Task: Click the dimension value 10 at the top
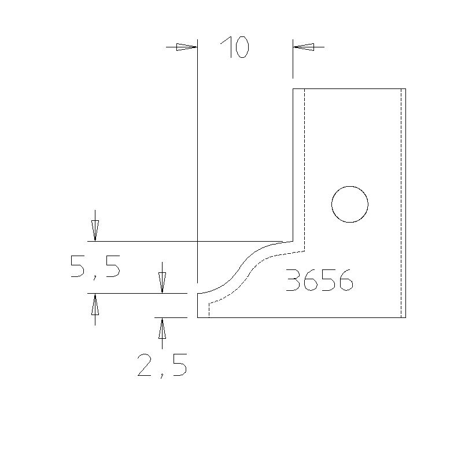[234, 47]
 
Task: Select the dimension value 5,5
[95, 267]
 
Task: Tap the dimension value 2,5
[162, 365]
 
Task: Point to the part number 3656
[319, 281]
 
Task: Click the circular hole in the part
[350, 204]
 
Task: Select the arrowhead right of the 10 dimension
[304, 47]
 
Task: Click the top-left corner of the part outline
[293, 88]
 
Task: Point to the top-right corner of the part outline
[405, 88]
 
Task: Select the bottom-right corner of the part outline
[405, 317]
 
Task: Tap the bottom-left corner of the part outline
[198, 317]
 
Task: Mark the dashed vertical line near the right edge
[401, 202]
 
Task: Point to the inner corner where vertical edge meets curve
[293, 241]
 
